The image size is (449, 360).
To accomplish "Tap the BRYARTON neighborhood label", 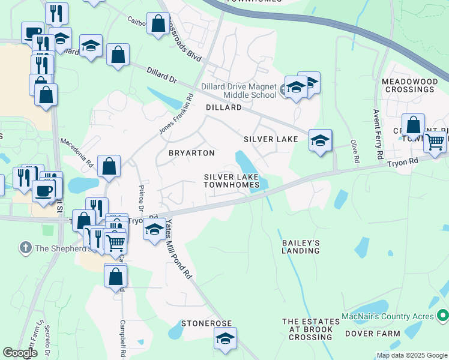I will (x=191, y=153).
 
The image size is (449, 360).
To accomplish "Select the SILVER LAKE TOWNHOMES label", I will (x=232, y=181).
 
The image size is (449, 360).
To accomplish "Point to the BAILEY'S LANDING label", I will (x=300, y=247).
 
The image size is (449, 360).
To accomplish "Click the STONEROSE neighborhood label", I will (x=206, y=323).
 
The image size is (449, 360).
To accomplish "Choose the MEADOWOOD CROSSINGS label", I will (x=408, y=85).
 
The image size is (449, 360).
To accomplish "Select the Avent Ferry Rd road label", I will (x=378, y=134).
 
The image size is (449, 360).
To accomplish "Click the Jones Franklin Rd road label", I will (x=176, y=114).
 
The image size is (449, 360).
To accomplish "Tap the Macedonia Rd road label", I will (x=77, y=152).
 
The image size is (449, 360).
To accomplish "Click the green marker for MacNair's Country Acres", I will (x=443, y=314).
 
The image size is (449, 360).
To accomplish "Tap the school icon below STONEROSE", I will (x=225, y=339).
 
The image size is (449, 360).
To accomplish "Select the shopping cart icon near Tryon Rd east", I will (x=435, y=142).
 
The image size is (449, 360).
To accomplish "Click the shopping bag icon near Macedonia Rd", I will (x=109, y=167).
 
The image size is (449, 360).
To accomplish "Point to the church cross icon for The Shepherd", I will (x=25, y=248).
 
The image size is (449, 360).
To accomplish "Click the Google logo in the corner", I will (x=20, y=353).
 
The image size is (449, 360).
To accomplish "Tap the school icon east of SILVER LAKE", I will (x=320, y=142).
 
